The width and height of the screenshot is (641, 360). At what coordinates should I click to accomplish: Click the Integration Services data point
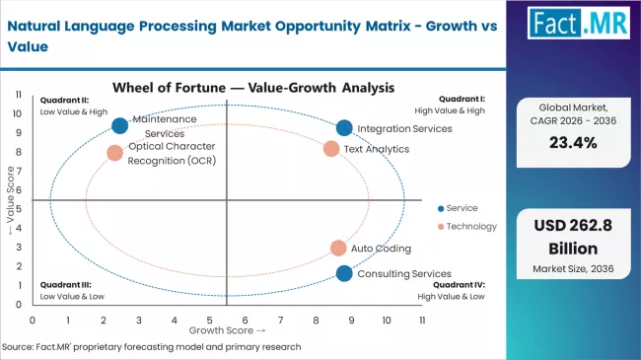[x=343, y=128]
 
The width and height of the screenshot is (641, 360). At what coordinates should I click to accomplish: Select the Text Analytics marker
[x=331, y=149]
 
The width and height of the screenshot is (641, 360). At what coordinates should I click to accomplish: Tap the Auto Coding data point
[x=338, y=249]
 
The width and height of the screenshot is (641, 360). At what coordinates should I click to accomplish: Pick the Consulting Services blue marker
[x=343, y=273]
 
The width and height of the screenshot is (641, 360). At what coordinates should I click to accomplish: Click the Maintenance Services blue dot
[x=120, y=125]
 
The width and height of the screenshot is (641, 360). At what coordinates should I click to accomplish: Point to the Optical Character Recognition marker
[x=115, y=153]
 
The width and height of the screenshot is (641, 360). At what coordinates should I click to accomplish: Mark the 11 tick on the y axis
[x=20, y=95]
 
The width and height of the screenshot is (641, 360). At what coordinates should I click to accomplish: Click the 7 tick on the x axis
[x=280, y=321]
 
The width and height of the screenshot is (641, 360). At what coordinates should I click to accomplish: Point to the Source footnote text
[x=153, y=347]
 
